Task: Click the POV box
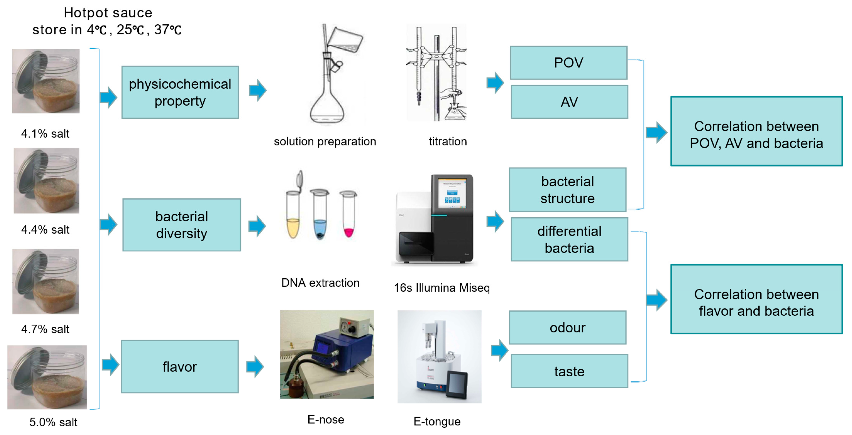click(568, 63)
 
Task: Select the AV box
click(569, 102)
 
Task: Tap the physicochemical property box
click(180, 92)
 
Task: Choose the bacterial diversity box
click(182, 225)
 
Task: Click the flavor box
click(180, 366)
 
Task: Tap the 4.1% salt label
click(45, 133)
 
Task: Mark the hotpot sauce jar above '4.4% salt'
click(46, 181)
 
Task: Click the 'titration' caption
click(448, 141)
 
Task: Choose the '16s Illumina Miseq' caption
click(442, 288)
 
